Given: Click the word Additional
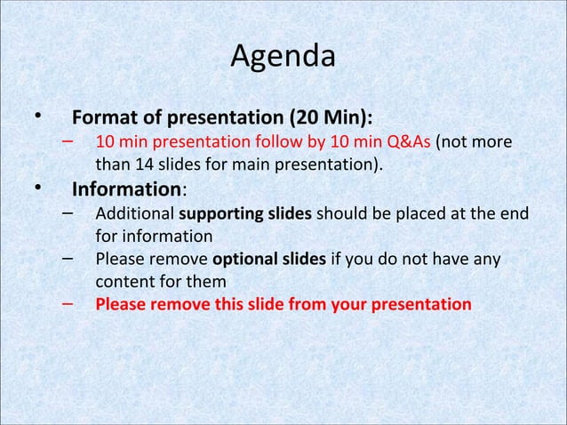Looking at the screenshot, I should click(x=135, y=215).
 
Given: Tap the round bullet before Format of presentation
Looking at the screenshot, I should click(x=38, y=117).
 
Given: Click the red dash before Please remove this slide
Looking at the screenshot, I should click(x=68, y=302).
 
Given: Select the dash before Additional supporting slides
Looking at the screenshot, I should click(x=68, y=213).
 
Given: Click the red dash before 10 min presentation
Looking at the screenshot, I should click(x=68, y=141).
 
